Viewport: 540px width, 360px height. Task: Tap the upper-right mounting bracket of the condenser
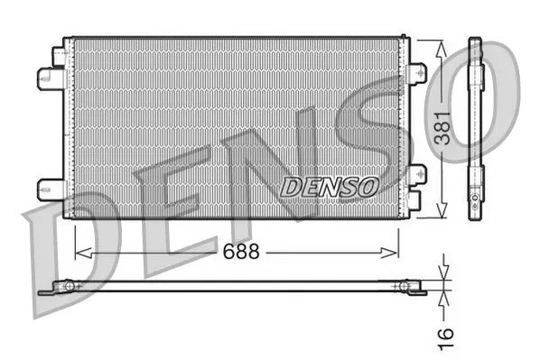[417, 72]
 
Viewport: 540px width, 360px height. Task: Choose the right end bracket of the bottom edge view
[411, 288]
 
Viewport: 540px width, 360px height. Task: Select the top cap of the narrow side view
[475, 42]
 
